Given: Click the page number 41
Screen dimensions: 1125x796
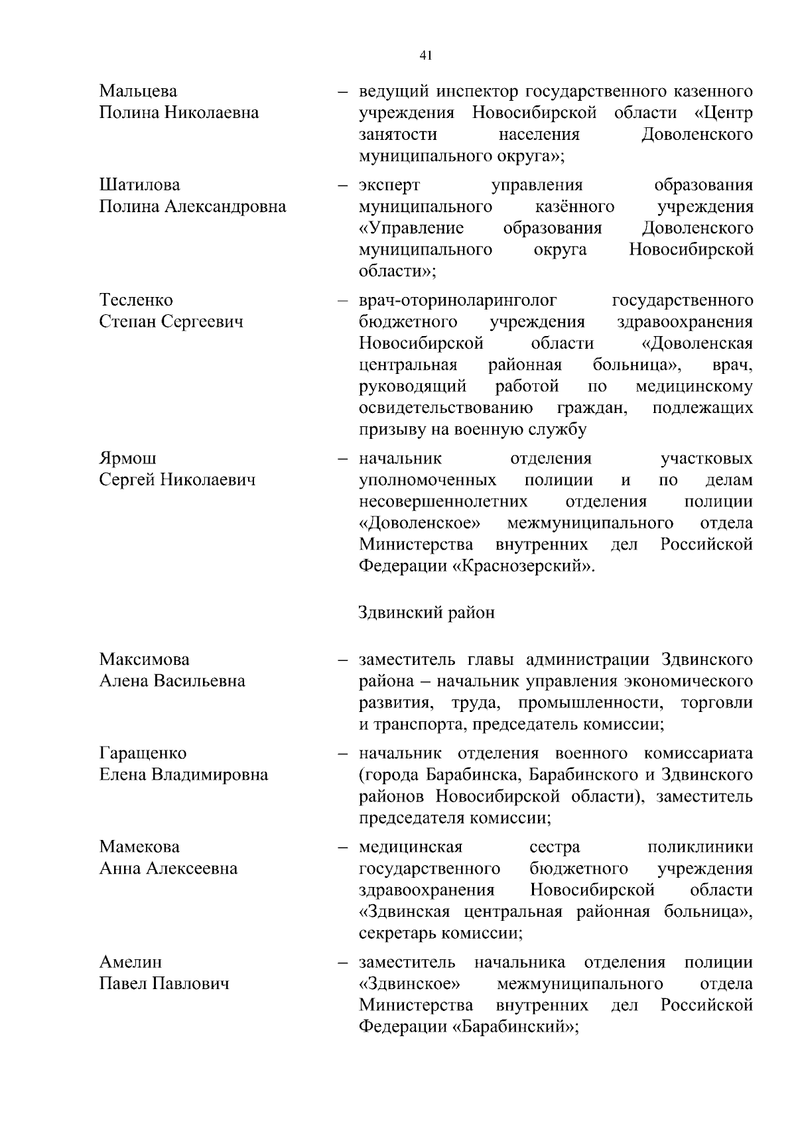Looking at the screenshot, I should (x=426, y=56).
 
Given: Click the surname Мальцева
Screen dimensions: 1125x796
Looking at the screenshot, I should (x=138, y=91).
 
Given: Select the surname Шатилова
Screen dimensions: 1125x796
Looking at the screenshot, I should (x=139, y=185).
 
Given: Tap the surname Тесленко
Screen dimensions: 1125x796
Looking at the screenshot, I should (x=136, y=300).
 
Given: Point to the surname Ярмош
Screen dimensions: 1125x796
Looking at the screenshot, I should (x=128, y=459).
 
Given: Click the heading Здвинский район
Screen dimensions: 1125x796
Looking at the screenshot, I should (x=427, y=612).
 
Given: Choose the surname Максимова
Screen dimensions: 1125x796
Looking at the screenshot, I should (x=144, y=660).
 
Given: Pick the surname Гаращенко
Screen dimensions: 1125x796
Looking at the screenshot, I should (x=143, y=754).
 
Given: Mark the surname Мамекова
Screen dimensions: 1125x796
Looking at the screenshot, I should (x=139, y=847).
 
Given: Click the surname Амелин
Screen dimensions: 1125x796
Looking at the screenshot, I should (x=130, y=963).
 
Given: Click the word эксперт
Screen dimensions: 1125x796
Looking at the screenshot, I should (x=389, y=185).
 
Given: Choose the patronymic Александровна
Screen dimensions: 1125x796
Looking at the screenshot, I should (x=226, y=207).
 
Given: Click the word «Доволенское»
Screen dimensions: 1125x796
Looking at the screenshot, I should (x=419, y=524).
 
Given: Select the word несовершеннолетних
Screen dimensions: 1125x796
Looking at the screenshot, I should (x=443, y=502).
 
